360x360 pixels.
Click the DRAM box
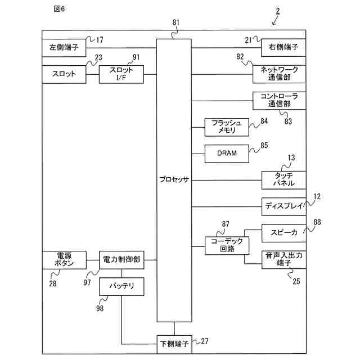pyautogui.click(x=227, y=154)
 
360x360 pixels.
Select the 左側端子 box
pyautogui.click(x=64, y=48)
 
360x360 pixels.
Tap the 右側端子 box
pyautogui.click(x=283, y=47)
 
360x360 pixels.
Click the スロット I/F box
pyautogui.click(x=121, y=74)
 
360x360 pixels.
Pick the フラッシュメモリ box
pyautogui.click(x=227, y=127)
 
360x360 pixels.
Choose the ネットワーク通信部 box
pyautogui.click(x=280, y=74)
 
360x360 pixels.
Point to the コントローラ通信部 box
pyautogui.click(x=280, y=101)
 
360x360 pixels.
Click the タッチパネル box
pyautogui.click(x=284, y=180)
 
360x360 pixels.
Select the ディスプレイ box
pyautogui.click(x=284, y=206)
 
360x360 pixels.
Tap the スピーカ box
pyautogui.click(x=284, y=233)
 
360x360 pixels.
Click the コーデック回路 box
pyautogui.click(x=227, y=246)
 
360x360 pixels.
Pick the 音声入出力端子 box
pyautogui.click(x=284, y=260)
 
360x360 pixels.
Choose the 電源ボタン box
pyautogui.click(x=64, y=260)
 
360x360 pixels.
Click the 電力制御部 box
pyautogui.click(x=121, y=260)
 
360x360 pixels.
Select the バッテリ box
pyautogui.click(x=121, y=286)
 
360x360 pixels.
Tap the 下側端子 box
pyautogui.click(x=174, y=344)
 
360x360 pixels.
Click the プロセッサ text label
pyautogui.click(x=174, y=179)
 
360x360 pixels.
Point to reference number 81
pyautogui.click(x=176, y=22)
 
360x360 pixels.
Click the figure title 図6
pyautogui.click(x=59, y=9)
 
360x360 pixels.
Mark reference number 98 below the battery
pyautogui.click(x=100, y=308)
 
